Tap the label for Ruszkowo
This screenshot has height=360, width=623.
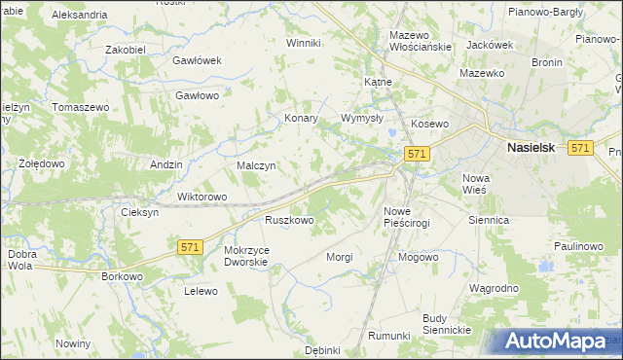pyautogui.click(x=289, y=220)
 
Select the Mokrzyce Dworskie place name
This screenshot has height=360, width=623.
pyautogui.click(x=245, y=255)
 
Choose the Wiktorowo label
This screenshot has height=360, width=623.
pyautogui.click(x=202, y=197)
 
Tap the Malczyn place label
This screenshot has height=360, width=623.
pyautogui.click(x=256, y=165)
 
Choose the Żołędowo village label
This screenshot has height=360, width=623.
pyautogui.click(x=42, y=163)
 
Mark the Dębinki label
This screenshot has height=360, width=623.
pyautogui.click(x=320, y=350)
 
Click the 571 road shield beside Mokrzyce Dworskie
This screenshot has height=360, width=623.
pyautogui.click(x=191, y=248)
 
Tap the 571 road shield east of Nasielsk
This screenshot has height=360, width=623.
pyautogui.click(x=580, y=147)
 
